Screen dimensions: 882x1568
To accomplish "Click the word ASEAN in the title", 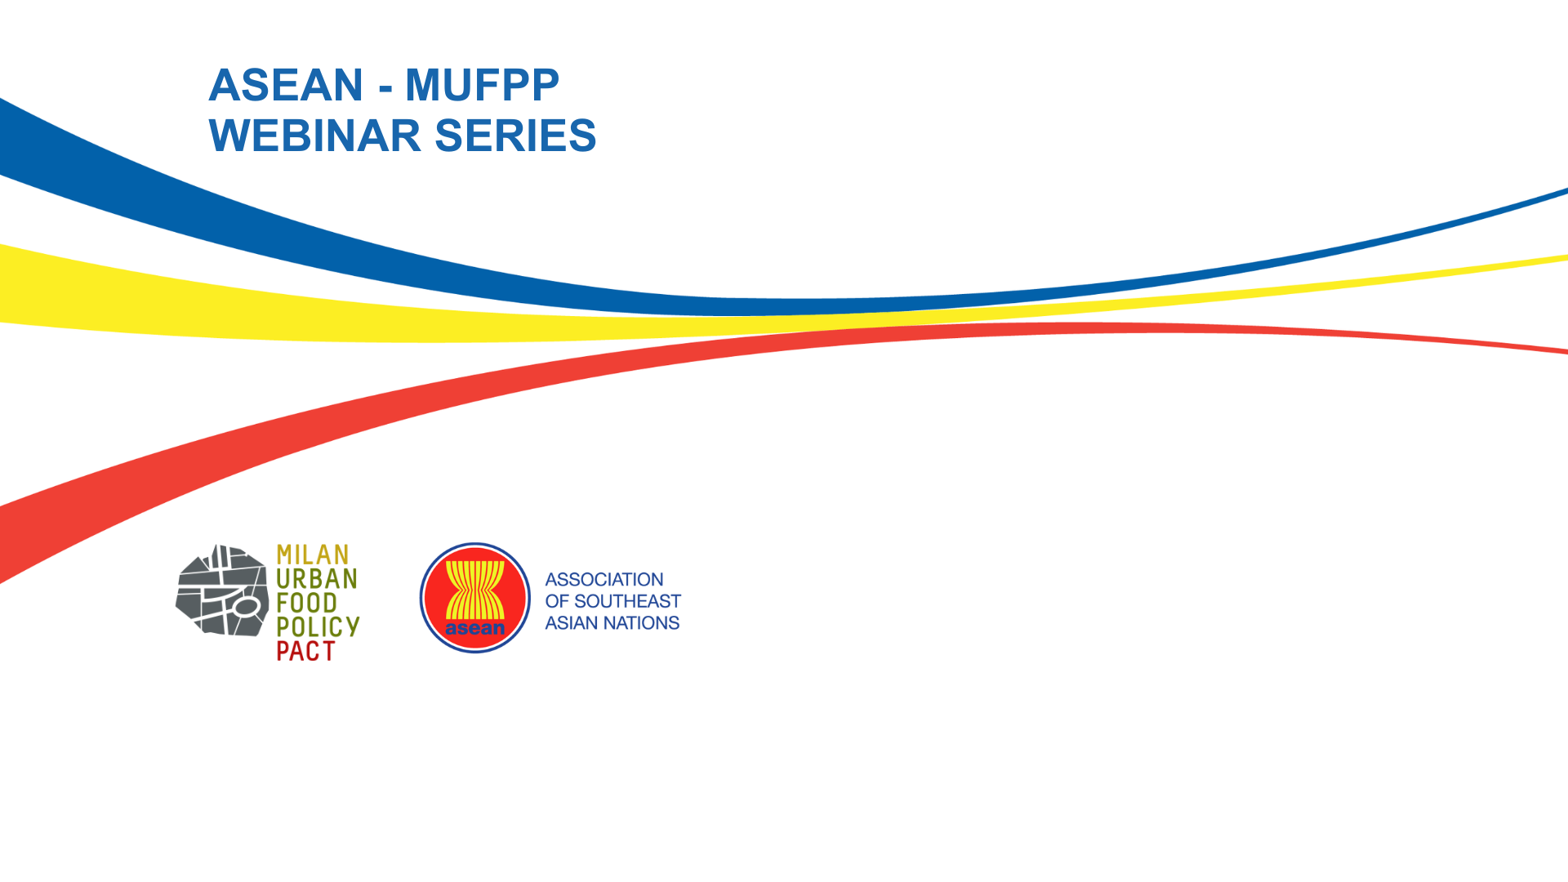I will click(x=286, y=85).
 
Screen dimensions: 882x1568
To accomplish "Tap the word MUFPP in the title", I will click(x=482, y=85).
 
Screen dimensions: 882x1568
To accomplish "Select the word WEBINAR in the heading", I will click(x=314, y=136).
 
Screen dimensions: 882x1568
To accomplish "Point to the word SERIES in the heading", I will click(x=515, y=136).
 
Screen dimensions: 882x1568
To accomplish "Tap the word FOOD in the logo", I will click(x=307, y=603).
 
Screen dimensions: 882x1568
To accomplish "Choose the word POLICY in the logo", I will click(x=318, y=627).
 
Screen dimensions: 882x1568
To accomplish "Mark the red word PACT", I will click(x=306, y=651).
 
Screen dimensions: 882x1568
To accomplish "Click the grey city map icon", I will click(x=222, y=590).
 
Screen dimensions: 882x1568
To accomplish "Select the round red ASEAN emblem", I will click(x=475, y=598).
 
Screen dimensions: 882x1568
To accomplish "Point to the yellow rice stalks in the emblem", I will click(x=475, y=588).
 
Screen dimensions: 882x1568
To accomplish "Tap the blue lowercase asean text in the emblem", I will click(x=475, y=629).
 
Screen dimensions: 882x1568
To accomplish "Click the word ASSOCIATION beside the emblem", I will click(x=604, y=580).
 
